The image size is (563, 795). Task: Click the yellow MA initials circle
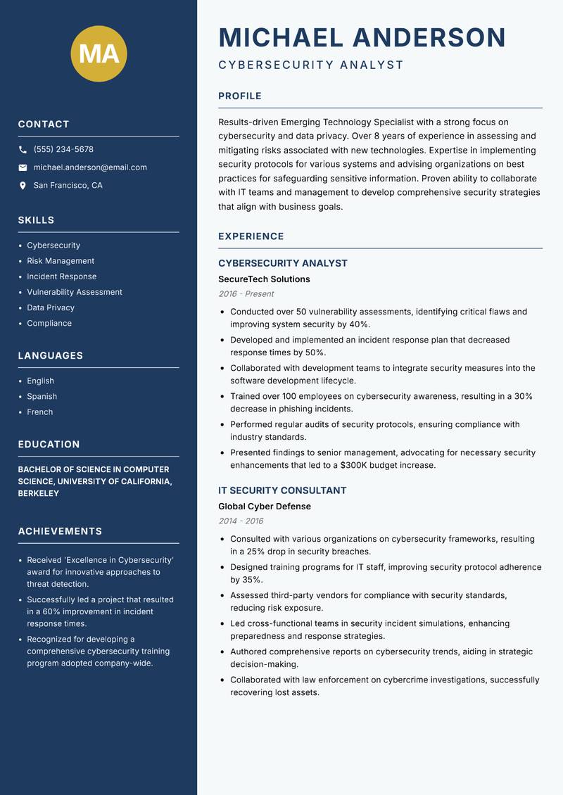(99, 53)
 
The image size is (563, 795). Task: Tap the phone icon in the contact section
(23, 149)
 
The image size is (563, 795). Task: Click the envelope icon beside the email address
(23, 167)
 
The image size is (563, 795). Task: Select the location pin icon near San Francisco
(23, 186)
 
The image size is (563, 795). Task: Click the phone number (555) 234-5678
(63, 149)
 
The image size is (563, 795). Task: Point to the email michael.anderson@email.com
(90, 167)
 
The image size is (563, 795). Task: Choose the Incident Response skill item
(62, 276)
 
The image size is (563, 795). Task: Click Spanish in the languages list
(42, 396)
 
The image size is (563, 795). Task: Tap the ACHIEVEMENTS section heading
(60, 531)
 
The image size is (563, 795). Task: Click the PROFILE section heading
(239, 96)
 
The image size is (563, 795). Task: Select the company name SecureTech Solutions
(264, 279)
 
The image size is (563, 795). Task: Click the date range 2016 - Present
(246, 294)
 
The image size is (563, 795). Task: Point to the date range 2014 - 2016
(241, 521)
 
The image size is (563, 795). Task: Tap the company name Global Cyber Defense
(264, 507)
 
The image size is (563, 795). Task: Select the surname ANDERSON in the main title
(429, 37)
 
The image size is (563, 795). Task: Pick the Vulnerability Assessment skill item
(75, 292)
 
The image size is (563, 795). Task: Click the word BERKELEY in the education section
(39, 493)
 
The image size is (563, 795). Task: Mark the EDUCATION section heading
(49, 444)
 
